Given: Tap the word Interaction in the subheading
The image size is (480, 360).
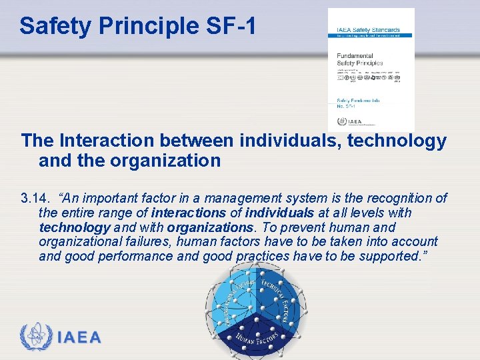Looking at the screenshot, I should pos(107,141).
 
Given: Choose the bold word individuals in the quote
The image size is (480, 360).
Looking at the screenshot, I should pos(278,213).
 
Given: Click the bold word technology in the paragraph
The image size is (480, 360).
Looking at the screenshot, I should pos(74,227).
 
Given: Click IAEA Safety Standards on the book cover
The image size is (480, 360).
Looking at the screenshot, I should pos(368,30).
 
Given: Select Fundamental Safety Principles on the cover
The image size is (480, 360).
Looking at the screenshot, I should pos(359,59).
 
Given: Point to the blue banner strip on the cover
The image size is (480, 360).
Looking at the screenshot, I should pos(371,35).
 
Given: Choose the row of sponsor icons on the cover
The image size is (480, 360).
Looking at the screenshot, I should pos(370,77).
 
